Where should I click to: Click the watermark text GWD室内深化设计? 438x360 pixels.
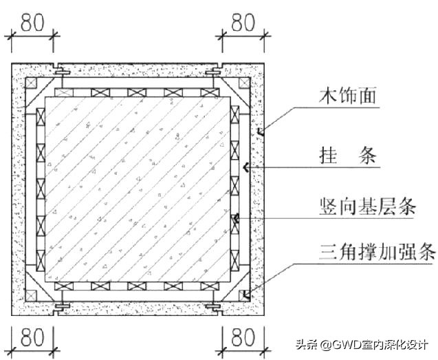click(371, 344)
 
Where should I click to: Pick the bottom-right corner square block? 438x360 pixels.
click(245, 295)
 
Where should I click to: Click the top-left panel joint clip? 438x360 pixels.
click(61, 72)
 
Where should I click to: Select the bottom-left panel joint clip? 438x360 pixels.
click(61, 306)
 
